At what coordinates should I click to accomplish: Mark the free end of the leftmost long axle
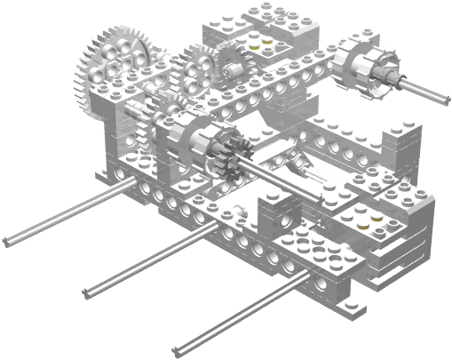(7, 240)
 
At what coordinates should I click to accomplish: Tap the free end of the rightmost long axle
(181, 348)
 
